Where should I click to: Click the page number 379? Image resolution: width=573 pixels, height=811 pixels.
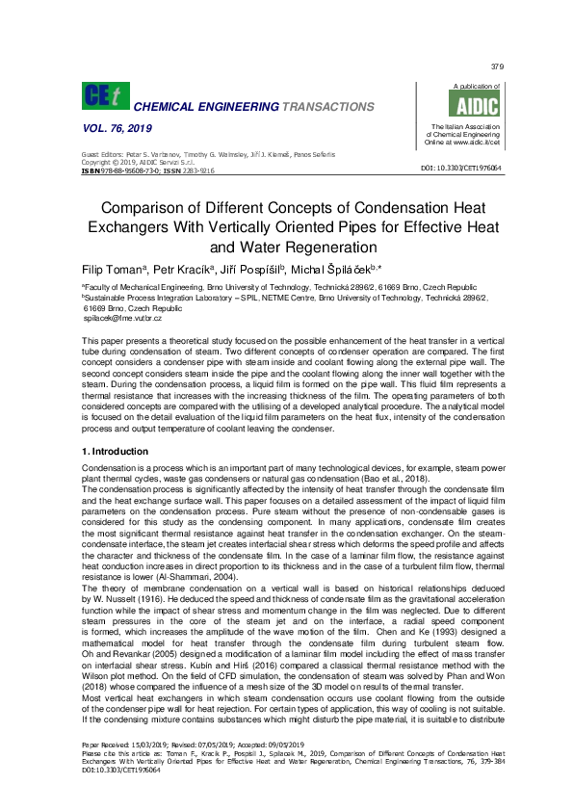coord(497,66)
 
